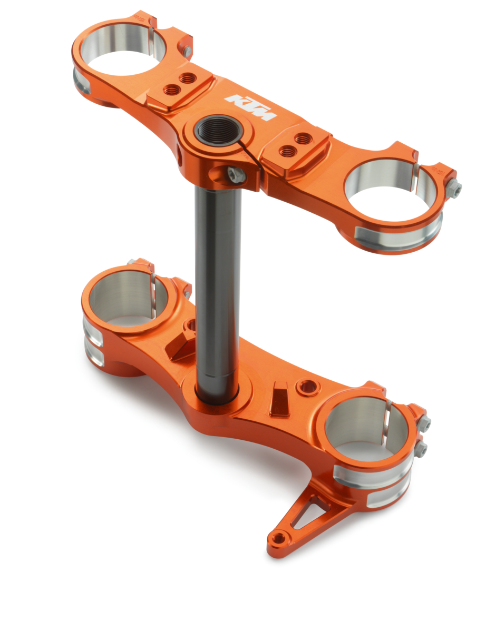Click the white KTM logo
[250, 107]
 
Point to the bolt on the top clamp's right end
[454, 188]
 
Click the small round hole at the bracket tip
[278, 538]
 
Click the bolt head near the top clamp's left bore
[187, 51]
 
